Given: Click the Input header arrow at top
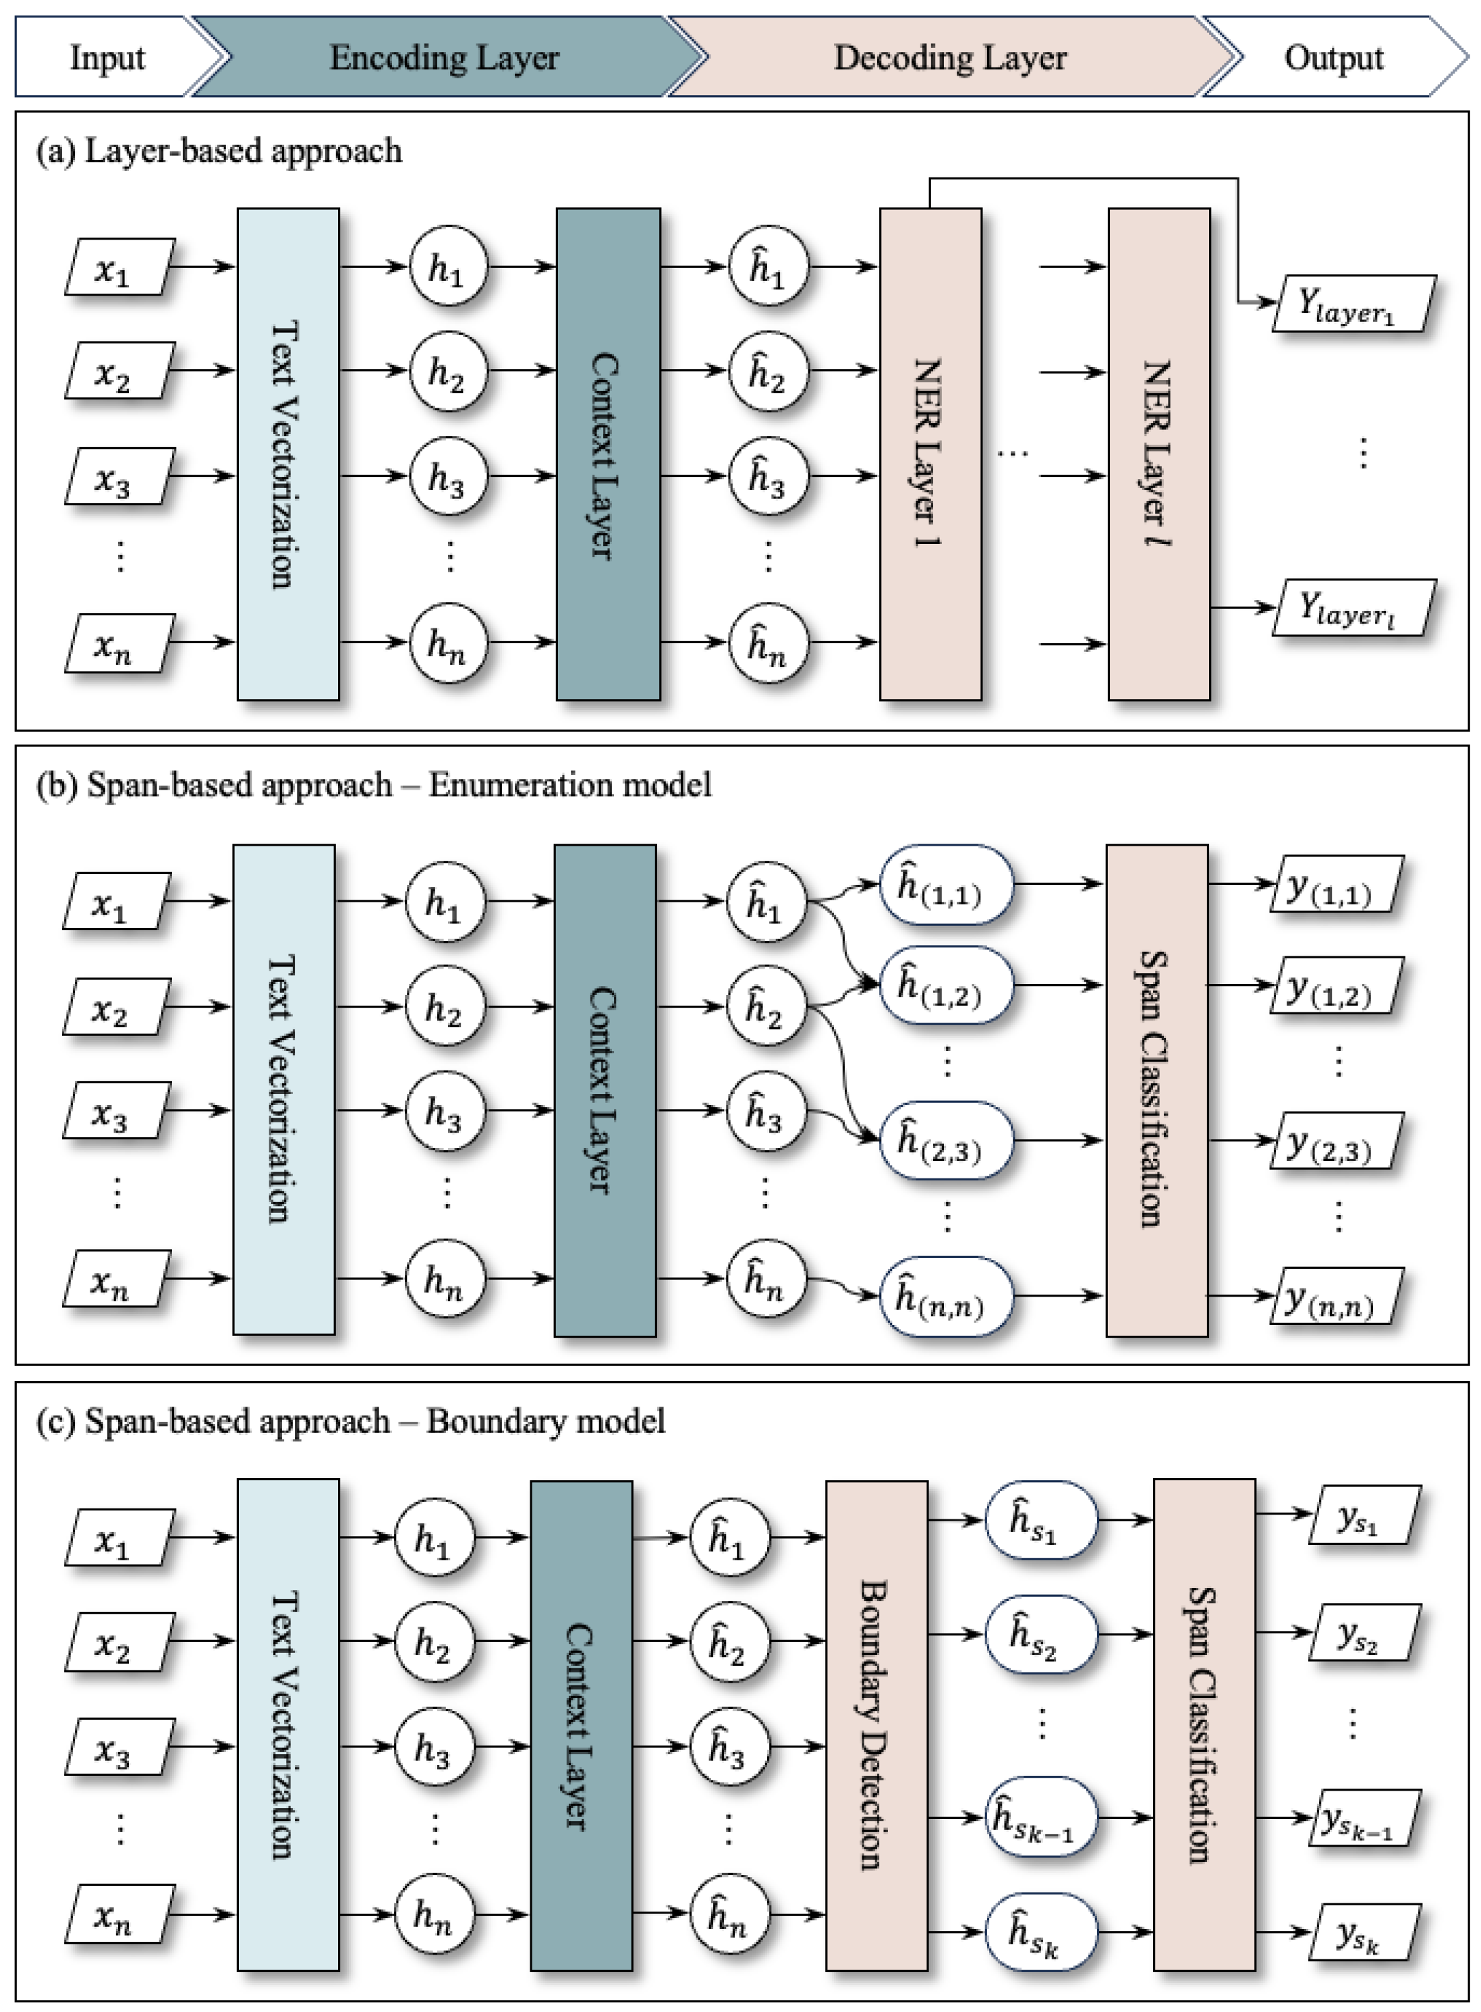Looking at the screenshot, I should click(107, 57).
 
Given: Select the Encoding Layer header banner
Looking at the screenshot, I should click(444, 57).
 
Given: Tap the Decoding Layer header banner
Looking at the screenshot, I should click(950, 57).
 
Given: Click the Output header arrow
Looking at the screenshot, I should click(1334, 57).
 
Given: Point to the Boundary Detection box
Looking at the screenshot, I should click(876, 1725).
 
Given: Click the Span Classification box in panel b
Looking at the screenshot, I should click(1156, 1089).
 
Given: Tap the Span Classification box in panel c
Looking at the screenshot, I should click(1203, 1725).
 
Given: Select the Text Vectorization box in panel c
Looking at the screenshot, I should click(288, 1725).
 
